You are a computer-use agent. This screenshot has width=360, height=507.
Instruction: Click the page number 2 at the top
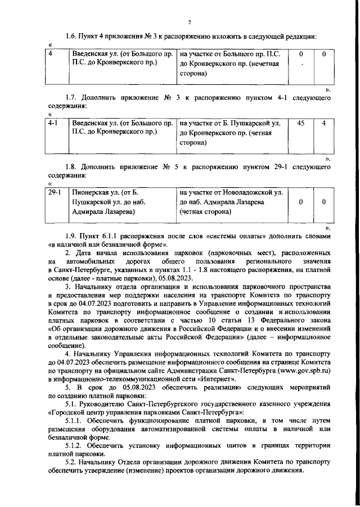point(190,22)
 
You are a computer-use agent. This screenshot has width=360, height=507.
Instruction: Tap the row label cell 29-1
point(55,192)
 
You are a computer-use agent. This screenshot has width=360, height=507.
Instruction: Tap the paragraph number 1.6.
point(71,36)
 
